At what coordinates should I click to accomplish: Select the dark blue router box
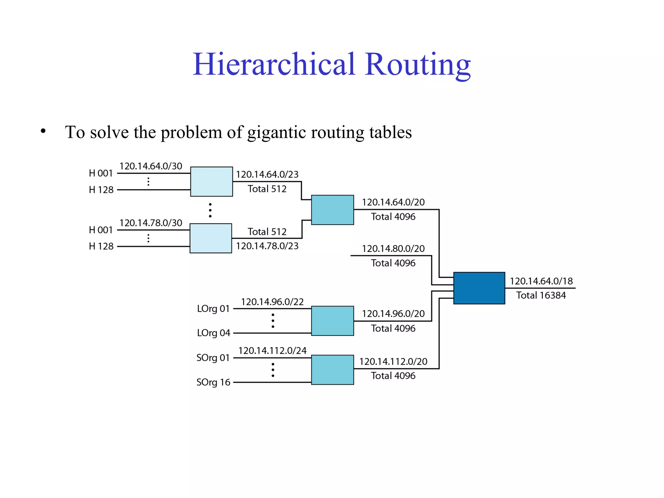click(x=479, y=288)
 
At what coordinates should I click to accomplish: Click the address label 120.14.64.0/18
click(x=541, y=281)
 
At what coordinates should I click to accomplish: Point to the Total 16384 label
click(x=541, y=295)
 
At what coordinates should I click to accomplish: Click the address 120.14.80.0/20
click(x=393, y=249)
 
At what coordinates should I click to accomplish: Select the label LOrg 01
click(x=213, y=309)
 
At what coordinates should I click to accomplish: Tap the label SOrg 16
click(x=213, y=382)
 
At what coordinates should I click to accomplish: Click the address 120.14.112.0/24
click(x=272, y=350)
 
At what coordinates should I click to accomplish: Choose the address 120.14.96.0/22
click(x=272, y=302)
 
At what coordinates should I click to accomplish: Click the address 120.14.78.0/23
click(x=267, y=246)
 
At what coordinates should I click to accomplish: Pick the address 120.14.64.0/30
click(x=151, y=166)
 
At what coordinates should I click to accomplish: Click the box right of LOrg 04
click(x=332, y=321)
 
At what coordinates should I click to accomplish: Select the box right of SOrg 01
click(x=332, y=370)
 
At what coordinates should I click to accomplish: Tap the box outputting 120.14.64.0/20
click(x=332, y=210)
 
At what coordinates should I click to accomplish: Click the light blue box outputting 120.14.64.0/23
click(x=211, y=182)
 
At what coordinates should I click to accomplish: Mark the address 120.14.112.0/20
click(x=393, y=362)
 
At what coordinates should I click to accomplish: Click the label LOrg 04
click(x=213, y=333)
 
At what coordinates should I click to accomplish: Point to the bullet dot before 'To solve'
click(x=43, y=131)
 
